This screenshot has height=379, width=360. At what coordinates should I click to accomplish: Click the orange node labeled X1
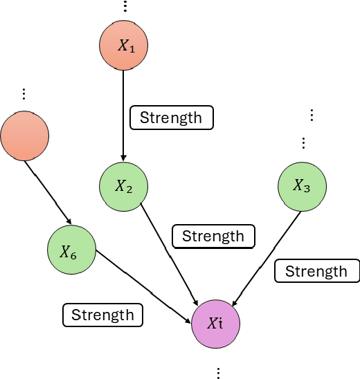124,46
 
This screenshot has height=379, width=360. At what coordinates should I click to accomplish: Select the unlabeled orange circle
25,136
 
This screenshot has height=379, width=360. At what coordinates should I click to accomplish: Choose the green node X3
302,185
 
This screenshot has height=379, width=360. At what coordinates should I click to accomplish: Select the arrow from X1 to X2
124,114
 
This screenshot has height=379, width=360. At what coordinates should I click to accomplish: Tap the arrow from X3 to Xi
266,256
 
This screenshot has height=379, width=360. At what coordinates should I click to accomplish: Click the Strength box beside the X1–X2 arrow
171,118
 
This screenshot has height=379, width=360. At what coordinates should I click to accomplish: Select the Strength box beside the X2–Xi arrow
213,237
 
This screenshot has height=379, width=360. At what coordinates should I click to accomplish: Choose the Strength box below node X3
316,271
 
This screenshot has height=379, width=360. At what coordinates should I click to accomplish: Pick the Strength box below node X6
102,315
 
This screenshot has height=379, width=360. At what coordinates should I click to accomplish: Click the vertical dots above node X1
125,7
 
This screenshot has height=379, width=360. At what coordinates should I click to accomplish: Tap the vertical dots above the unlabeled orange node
24,93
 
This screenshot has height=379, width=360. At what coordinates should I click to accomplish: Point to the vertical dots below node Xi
219,372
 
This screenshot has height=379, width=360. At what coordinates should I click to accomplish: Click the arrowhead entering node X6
68,221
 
